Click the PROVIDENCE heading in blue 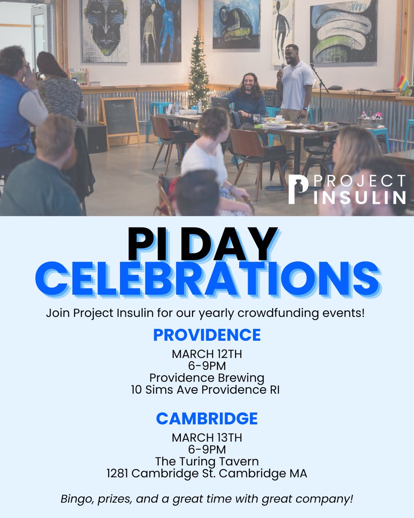(207, 335)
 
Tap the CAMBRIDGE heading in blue (207, 418)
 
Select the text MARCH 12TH (207, 354)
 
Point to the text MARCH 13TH (207, 437)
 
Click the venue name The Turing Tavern (207, 461)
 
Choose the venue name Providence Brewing (207, 378)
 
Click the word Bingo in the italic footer (74, 499)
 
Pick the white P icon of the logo (298, 189)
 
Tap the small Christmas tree (199, 71)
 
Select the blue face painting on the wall (105, 28)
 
